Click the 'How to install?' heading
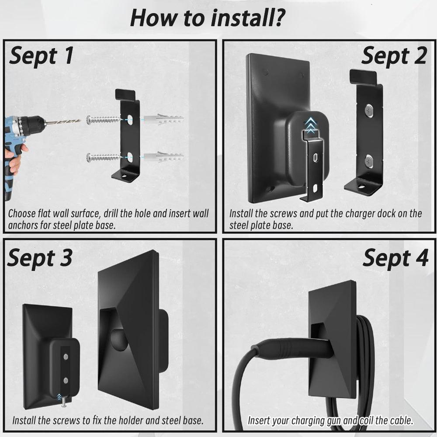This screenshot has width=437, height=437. (x=208, y=18)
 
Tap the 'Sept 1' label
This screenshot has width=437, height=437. (x=42, y=55)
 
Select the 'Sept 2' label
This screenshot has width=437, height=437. (x=394, y=56)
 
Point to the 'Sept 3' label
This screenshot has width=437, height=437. (x=40, y=257)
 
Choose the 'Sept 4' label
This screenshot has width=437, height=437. (x=395, y=258)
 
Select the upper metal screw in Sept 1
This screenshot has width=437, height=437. (x=104, y=120)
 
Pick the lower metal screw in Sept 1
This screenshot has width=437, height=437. (x=104, y=157)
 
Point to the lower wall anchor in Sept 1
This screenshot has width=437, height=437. (x=163, y=157)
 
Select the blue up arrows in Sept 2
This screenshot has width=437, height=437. (x=310, y=124)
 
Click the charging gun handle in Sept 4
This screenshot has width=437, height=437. (x=293, y=349)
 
